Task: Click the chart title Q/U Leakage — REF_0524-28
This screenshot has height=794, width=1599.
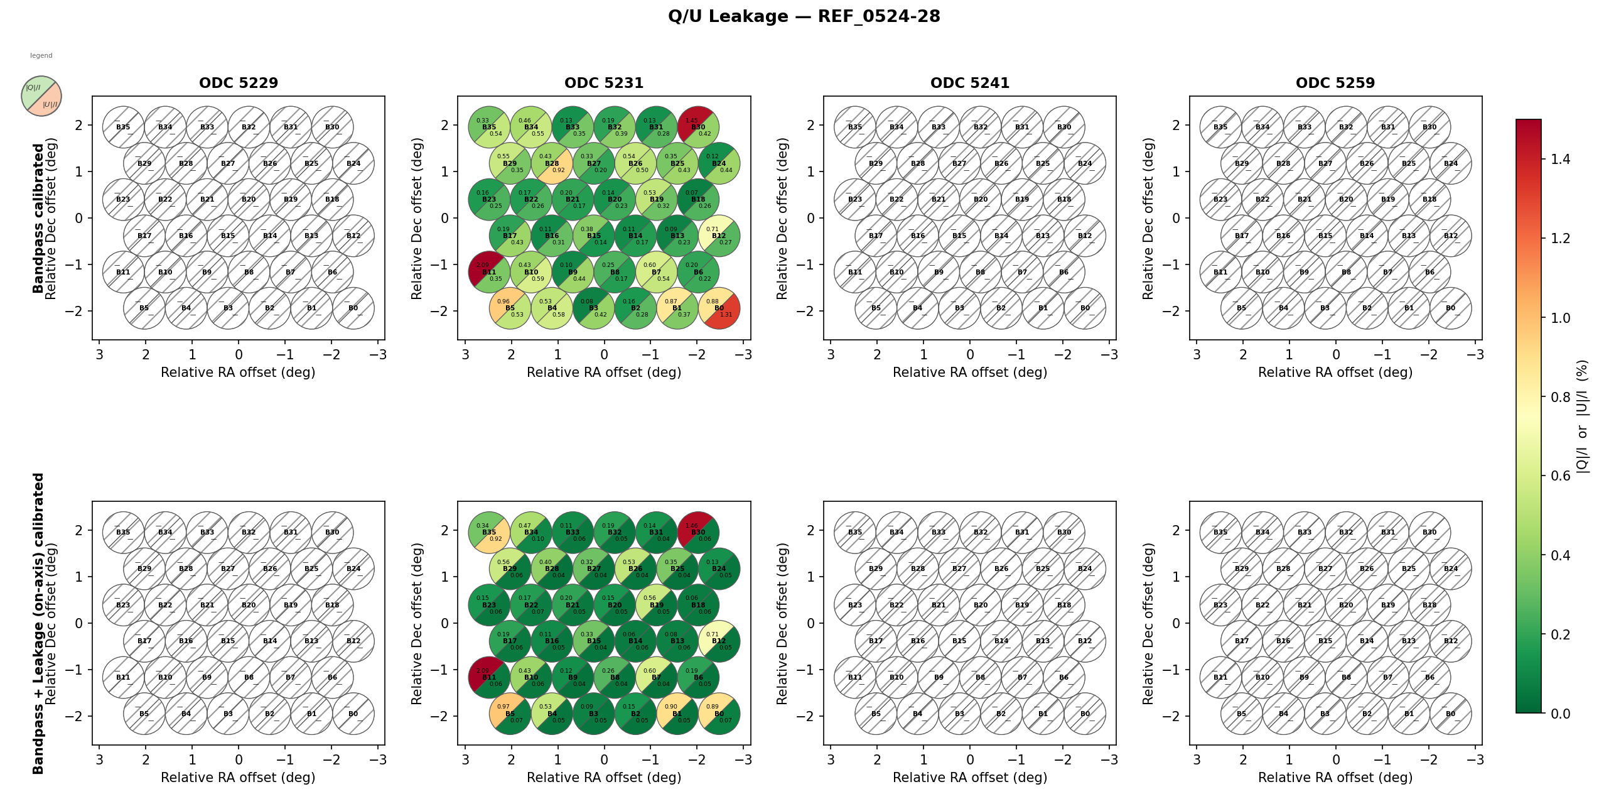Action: tap(804, 16)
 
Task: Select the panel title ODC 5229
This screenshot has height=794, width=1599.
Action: tap(239, 83)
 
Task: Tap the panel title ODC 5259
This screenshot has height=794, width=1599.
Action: tap(1335, 83)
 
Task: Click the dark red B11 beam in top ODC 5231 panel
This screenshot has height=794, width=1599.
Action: tap(489, 272)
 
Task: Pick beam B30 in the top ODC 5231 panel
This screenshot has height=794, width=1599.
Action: tap(698, 127)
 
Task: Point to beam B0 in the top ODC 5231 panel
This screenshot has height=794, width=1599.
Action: tap(719, 308)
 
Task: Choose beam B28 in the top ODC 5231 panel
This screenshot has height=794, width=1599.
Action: tap(552, 163)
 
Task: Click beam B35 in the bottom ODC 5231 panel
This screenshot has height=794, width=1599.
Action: tap(489, 533)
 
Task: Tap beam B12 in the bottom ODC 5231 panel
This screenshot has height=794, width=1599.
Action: tap(719, 641)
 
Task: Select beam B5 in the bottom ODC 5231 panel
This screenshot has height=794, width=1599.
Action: tap(510, 714)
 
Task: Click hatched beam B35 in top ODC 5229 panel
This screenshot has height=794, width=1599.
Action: tap(124, 127)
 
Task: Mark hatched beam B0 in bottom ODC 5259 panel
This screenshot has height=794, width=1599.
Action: tap(1450, 714)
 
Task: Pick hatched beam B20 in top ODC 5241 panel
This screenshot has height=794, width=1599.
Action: tap(981, 200)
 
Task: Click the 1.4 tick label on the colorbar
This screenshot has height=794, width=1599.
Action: tap(1561, 160)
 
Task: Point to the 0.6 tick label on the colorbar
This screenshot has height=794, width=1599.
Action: tap(1561, 476)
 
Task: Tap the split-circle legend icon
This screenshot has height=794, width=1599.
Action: tap(41, 96)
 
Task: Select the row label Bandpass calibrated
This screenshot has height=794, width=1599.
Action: tap(38, 218)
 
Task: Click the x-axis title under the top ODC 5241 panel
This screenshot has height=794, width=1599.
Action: tap(970, 373)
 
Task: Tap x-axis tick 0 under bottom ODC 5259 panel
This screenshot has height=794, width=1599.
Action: tap(1336, 759)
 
